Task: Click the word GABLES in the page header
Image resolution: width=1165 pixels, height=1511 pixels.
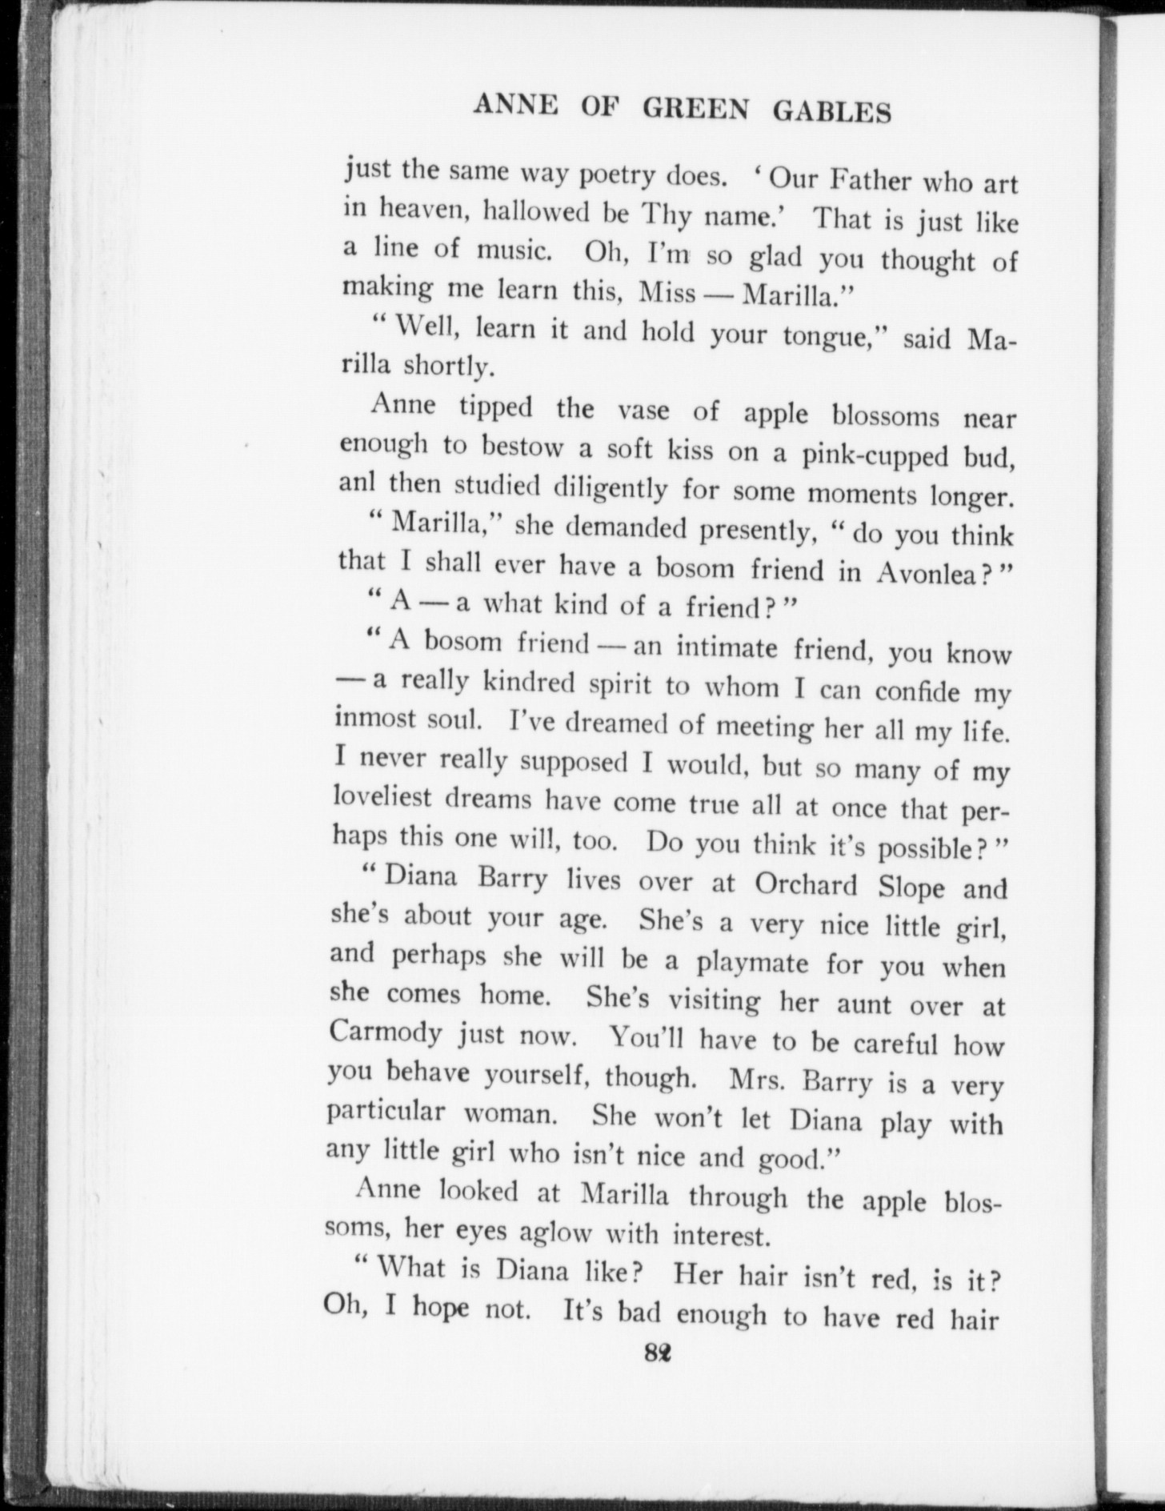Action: [832, 112]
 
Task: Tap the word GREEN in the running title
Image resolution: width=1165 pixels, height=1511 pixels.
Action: [696, 110]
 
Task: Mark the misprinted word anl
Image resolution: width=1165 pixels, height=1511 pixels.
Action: [357, 483]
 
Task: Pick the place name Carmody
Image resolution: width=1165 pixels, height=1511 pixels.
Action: [386, 1031]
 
